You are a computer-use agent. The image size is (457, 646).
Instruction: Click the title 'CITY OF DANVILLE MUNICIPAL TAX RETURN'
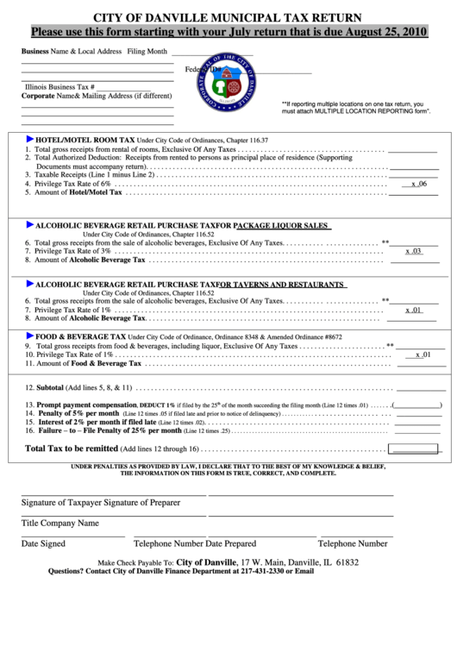[228, 17]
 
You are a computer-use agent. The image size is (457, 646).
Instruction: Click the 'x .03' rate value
[413, 250]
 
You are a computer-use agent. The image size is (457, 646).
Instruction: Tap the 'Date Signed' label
[43, 543]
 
